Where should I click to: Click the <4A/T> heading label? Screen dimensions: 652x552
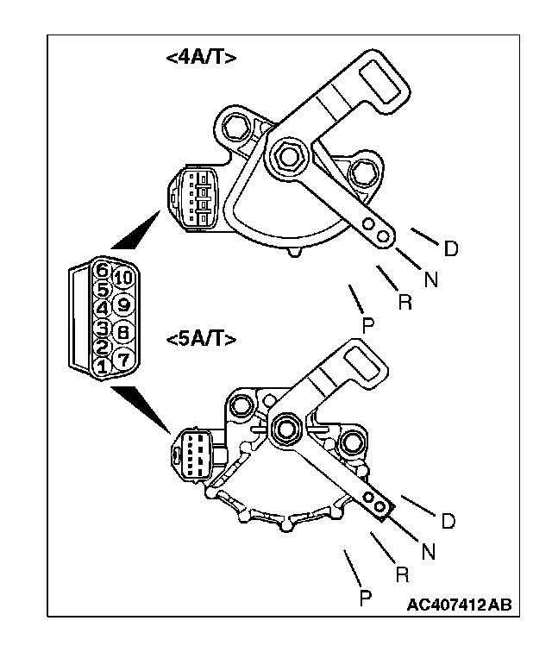[x=200, y=58]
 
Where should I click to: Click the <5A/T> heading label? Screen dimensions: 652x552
[x=200, y=338]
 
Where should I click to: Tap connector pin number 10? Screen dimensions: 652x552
[x=122, y=278]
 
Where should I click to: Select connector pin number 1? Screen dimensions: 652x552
[x=102, y=366]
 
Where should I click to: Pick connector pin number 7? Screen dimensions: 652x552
[x=122, y=357]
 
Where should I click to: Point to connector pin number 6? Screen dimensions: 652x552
[x=102, y=268]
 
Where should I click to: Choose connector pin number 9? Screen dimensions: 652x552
[x=122, y=304]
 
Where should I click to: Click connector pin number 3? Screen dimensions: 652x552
[x=102, y=328]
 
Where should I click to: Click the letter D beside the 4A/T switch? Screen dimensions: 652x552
[x=449, y=249]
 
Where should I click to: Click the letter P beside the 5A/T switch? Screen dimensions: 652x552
[x=366, y=598]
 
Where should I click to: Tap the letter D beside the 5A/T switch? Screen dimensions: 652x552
[x=448, y=522]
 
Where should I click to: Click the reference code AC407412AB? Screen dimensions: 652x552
[x=459, y=603]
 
